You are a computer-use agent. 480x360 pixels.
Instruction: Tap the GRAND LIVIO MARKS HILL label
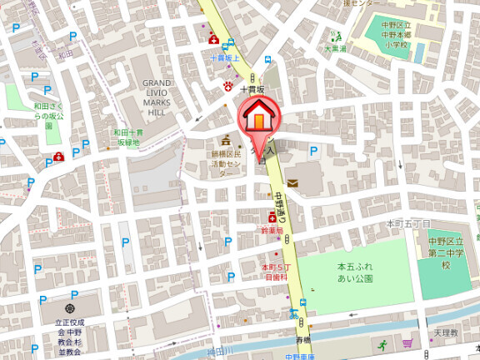click(157, 97)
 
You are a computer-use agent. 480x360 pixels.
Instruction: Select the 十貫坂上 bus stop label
click(224, 58)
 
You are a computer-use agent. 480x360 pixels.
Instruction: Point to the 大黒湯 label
click(336, 48)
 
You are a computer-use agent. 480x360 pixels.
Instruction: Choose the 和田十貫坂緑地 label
click(128, 137)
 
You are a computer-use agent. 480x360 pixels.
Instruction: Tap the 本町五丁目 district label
click(408, 224)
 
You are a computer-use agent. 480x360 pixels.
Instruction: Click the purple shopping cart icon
click(407, 342)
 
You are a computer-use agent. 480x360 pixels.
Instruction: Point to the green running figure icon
click(382, 343)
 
